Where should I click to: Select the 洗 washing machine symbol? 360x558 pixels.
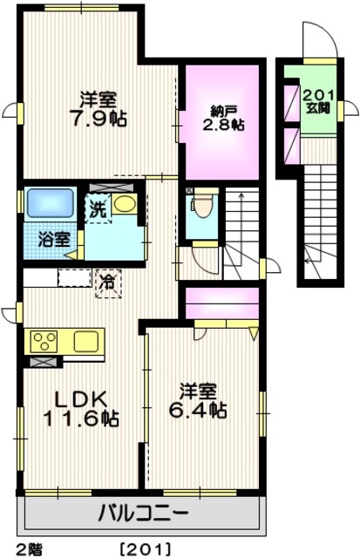97,209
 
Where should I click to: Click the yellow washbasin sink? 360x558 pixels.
124,204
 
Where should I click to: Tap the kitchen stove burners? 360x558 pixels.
44,340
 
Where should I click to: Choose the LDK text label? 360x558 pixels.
85,400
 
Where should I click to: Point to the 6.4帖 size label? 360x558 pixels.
203,409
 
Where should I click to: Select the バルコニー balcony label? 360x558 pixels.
140,512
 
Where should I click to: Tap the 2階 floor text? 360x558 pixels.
27,549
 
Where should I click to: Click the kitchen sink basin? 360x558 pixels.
88,340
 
